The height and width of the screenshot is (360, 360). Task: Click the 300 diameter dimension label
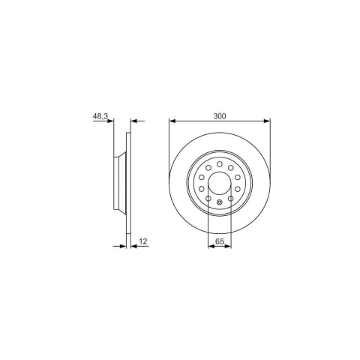coord(220,116)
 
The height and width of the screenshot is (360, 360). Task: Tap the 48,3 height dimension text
coord(100,116)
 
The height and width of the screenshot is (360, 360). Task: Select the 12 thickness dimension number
coord(143,241)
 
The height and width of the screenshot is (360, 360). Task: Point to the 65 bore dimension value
coord(220,241)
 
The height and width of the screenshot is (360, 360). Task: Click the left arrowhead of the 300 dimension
coord(172,121)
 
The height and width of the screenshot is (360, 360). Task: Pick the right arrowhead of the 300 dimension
coord(267,121)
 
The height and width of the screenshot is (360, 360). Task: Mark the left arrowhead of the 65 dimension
coord(211,247)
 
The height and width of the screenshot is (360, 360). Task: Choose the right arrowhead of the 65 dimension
coord(228,247)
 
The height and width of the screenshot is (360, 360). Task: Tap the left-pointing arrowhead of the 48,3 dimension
coord(133,121)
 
